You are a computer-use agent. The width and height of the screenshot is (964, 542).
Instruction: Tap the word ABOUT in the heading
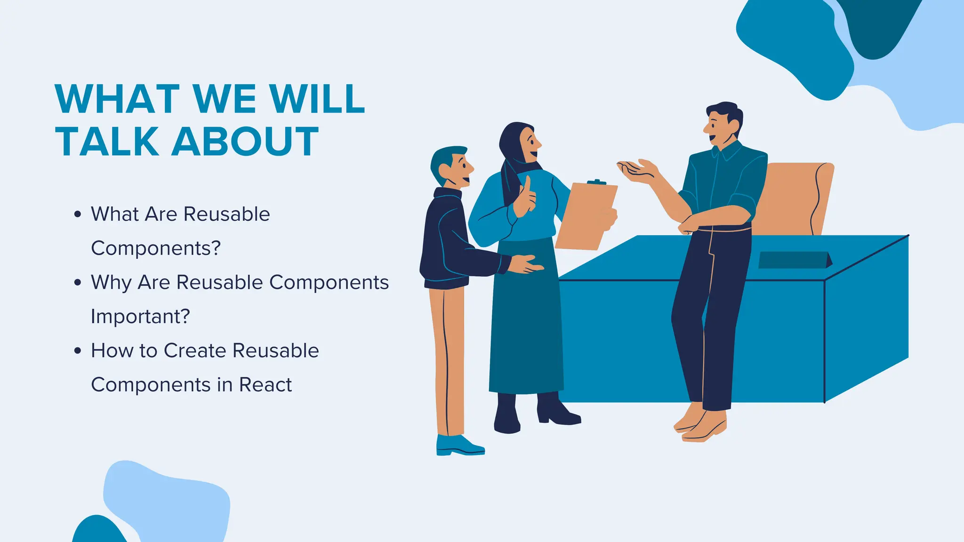coord(245,142)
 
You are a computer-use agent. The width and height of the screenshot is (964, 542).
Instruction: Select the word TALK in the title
coord(107,142)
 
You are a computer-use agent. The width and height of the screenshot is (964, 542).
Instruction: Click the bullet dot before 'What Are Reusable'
coord(78,215)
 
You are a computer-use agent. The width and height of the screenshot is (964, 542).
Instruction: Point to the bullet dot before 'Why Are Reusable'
coord(78,283)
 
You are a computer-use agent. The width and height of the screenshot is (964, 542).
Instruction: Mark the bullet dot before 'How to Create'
coord(78,351)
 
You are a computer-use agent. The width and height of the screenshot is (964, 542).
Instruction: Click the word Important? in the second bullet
coord(140,317)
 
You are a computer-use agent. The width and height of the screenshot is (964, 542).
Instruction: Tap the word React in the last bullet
coord(265,385)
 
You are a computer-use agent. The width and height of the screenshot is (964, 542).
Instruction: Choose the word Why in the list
coord(111,283)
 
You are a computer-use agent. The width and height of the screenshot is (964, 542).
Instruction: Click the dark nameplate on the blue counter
coord(794,260)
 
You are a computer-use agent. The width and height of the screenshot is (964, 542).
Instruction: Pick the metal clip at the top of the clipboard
coord(596,183)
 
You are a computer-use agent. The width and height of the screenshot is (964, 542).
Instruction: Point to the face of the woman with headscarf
coord(530,142)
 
